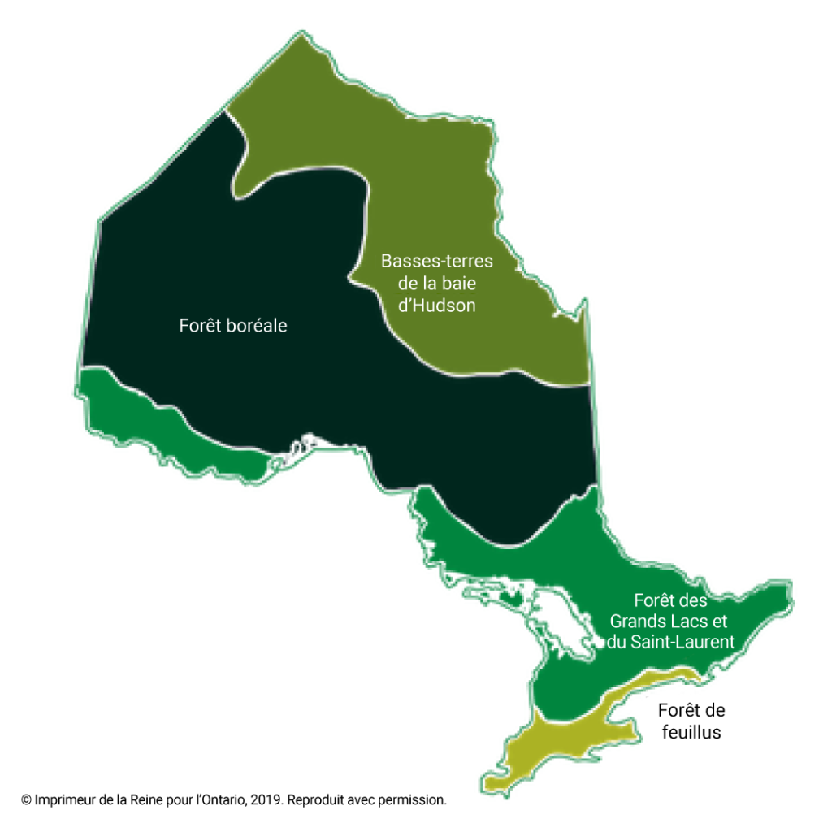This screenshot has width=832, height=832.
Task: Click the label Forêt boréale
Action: point(233,326)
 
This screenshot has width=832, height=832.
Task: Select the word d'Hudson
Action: point(437,306)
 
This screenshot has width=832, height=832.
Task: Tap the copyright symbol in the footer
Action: point(26,800)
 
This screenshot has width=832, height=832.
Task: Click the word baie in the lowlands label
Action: point(460,284)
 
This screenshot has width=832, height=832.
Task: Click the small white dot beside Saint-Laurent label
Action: point(599,642)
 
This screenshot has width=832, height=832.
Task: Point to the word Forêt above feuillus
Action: point(678,711)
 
